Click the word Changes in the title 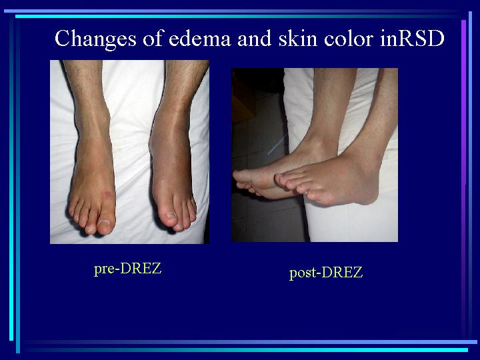95,39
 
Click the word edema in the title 199,38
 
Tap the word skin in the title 297,38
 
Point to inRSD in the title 412,38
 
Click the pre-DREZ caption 127,269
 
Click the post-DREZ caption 326,273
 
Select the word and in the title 255,38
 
